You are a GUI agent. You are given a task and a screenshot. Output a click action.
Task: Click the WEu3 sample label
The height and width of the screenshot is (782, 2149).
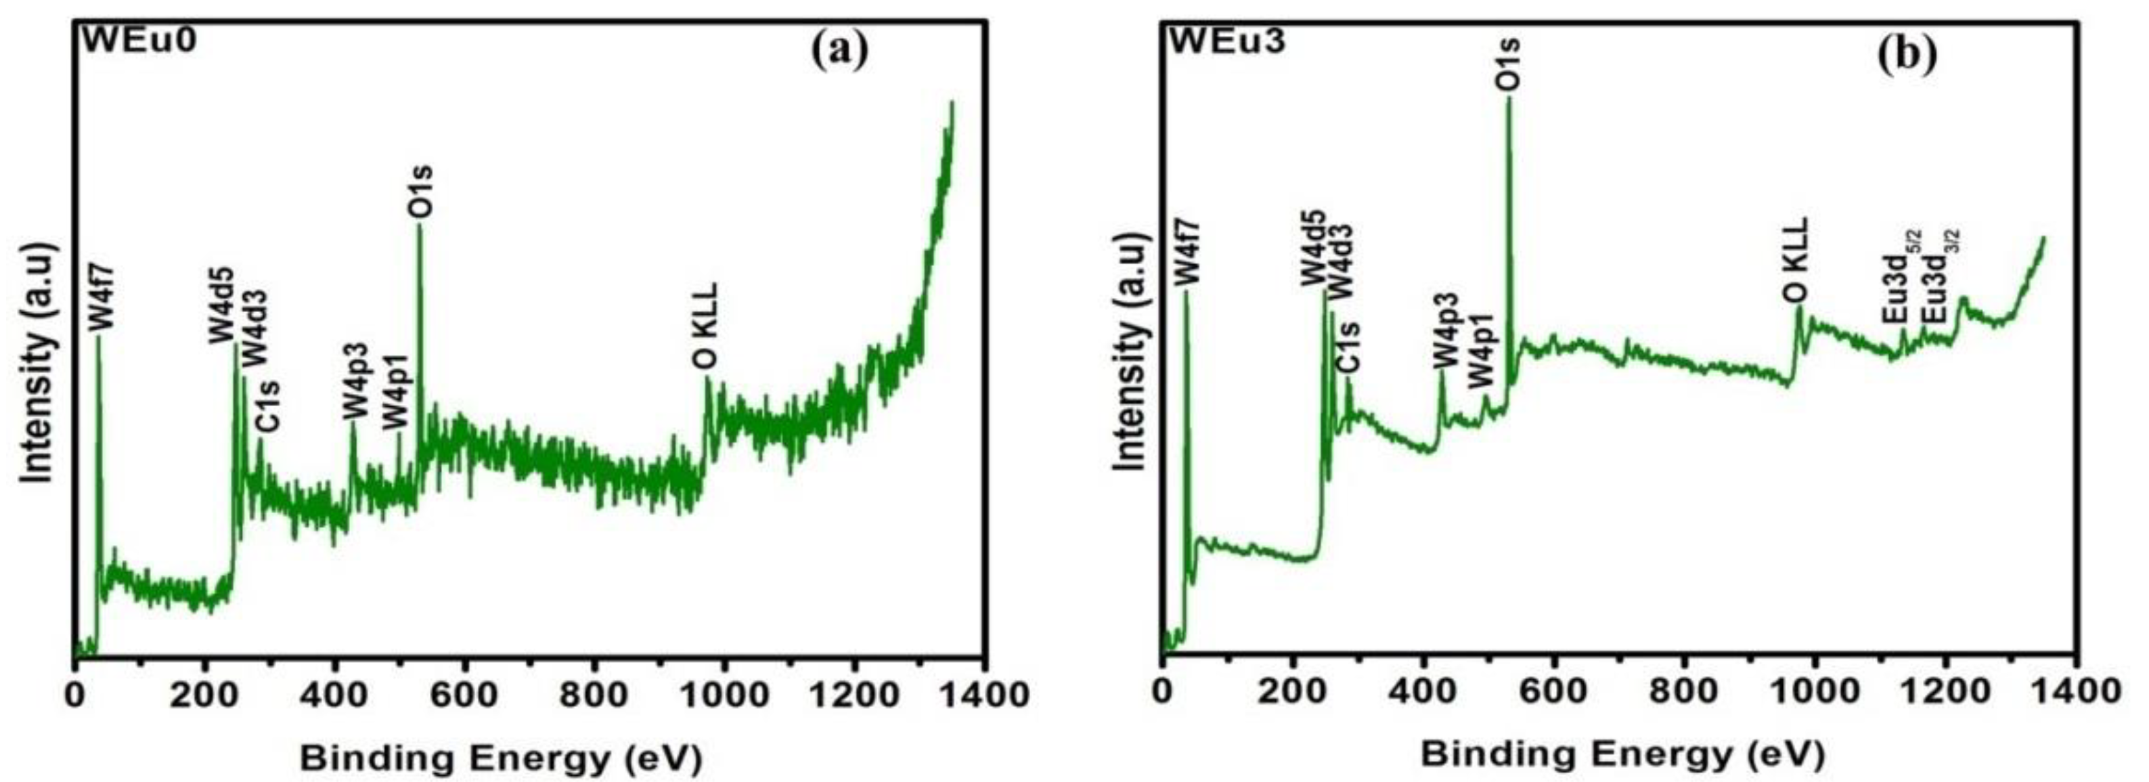tap(1227, 39)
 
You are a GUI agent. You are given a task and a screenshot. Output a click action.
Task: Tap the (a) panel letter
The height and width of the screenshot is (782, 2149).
tap(839, 50)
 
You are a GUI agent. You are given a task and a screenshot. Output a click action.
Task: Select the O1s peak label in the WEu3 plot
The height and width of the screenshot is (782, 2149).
tap(1508, 64)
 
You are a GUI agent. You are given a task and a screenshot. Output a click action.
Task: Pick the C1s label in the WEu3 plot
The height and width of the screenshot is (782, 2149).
tap(1348, 347)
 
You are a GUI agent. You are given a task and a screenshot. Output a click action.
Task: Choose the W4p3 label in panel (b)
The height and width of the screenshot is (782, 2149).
tap(1446, 331)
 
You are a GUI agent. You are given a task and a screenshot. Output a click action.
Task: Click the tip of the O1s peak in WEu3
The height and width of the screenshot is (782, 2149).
tap(1508, 122)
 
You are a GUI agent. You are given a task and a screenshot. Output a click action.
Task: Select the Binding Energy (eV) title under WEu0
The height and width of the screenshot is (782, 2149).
tap(501, 758)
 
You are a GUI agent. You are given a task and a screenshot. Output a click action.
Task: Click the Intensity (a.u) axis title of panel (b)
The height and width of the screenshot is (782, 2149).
tap(1133, 357)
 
